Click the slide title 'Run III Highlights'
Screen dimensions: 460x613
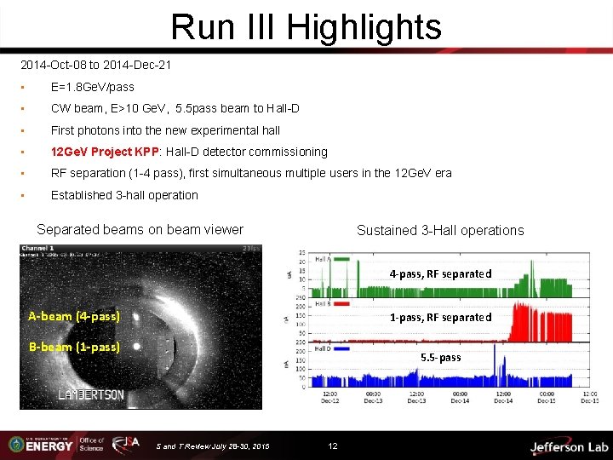(x=306, y=26)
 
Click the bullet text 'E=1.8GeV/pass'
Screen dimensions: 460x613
(x=92, y=87)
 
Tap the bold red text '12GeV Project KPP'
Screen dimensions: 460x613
(x=102, y=152)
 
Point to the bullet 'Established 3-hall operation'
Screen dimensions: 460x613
(x=124, y=195)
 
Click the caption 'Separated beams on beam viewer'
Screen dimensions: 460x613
(x=140, y=229)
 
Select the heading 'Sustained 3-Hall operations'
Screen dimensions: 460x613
(x=440, y=230)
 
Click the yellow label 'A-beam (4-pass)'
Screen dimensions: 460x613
(x=74, y=316)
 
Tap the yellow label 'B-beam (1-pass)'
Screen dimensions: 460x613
(x=74, y=347)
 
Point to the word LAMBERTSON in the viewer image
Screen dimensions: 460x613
(x=91, y=395)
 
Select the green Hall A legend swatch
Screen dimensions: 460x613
(x=342, y=258)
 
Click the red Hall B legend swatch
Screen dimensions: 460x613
(x=342, y=303)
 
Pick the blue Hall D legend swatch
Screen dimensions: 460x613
(x=342, y=348)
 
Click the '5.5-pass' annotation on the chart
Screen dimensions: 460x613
(x=440, y=357)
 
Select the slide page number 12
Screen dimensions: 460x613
(x=333, y=446)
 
